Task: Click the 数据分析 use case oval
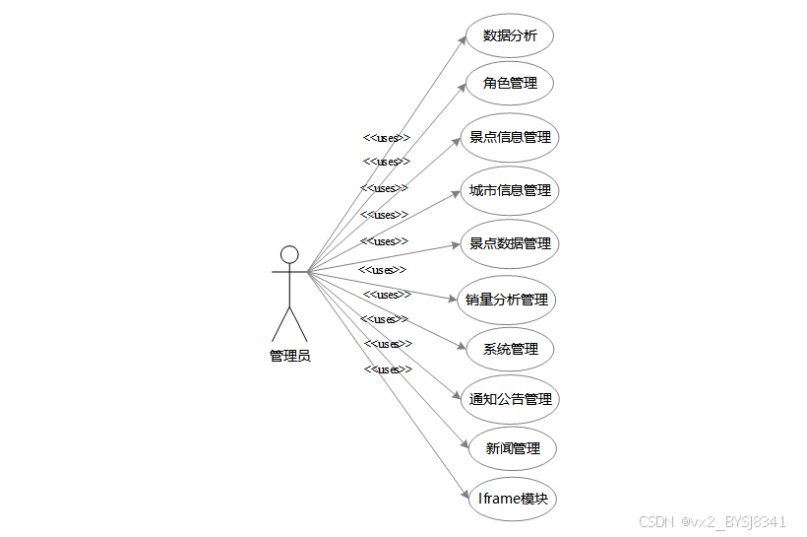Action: click(510, 36)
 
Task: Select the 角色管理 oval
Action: click(510, 83)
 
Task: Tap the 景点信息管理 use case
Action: click(510, 137)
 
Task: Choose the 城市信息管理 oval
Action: click(510, 190)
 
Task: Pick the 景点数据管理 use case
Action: click(510, 243)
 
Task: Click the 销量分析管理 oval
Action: click(508, 300)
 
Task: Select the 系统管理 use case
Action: click(510, 349)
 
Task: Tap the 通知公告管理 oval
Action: click(510, 400)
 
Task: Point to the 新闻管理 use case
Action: click(513, 448)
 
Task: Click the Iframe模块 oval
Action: click(512, 499)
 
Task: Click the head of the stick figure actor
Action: click(289, 254)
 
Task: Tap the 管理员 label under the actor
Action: click(290, 356)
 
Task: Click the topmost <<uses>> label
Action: click(387, 138)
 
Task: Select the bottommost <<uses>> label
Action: click(388, 369)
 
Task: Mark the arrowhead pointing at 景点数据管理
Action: click(456, 245)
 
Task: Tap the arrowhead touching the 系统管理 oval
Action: click(459, 347)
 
